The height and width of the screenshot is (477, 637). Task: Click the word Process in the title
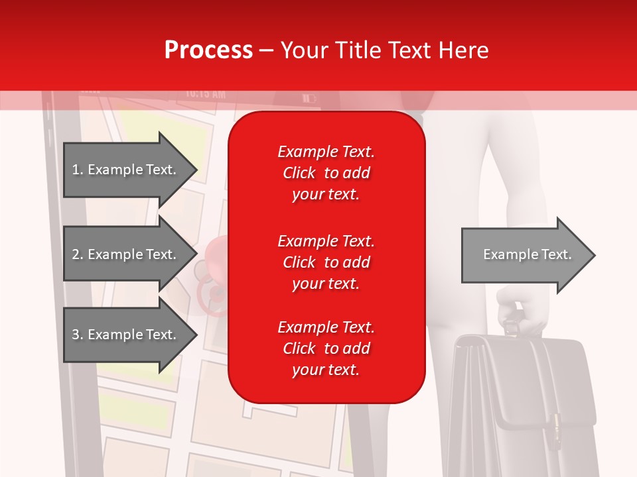pos(208,50)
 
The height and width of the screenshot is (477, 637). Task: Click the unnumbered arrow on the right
pos(528,254)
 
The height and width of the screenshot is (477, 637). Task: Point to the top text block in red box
pos(326,173)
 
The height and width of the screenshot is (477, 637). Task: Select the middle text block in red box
pos(326,262)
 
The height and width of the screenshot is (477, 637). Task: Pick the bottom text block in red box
pos(326,348)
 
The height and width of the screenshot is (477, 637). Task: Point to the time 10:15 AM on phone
pos(205,94)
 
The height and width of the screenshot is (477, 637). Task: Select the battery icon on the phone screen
pos(310,99)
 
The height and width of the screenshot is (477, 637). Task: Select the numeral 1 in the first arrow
pos(75,170)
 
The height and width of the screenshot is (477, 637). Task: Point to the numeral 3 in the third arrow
pos(76,335)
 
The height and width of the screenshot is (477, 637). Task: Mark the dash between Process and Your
pos(267,51)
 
